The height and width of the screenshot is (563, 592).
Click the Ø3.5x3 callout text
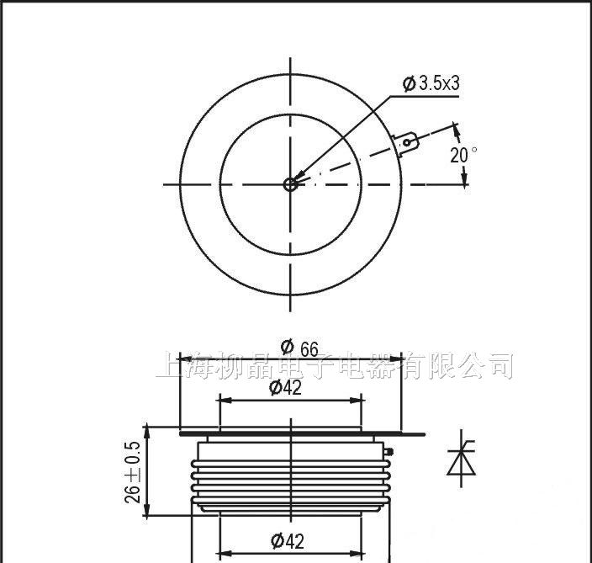(x=431, y=83)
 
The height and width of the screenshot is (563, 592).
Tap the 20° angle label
(x=463, y=154)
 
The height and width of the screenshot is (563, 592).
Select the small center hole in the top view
(x=290, y=184)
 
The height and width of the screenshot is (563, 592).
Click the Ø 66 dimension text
(x=300, y=347)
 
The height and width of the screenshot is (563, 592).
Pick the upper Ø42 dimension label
(x=286, y=388)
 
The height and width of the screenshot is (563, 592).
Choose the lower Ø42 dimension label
(x=286, y=540)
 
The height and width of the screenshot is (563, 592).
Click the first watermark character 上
(x=171, y=366)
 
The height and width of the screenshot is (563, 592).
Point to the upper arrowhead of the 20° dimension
(x=457, y=129)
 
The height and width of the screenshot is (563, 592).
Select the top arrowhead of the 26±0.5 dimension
(x=149, y=430)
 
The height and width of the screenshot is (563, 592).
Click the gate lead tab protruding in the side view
(x=411, y=434)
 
